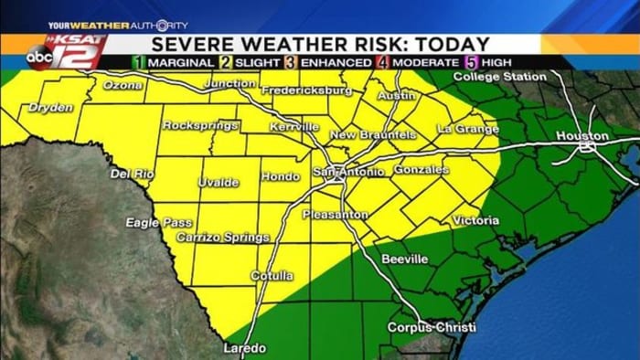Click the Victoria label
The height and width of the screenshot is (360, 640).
[475, 220]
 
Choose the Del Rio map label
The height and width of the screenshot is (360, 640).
[132, 174]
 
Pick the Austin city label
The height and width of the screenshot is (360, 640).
[396, 94]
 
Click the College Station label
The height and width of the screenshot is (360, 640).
[499, 77]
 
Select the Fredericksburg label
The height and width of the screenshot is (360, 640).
[306, 90]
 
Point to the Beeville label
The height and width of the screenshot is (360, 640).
[404, 259]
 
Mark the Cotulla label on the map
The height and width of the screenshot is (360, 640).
[273, 275]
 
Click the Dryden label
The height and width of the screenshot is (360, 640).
[50, 107]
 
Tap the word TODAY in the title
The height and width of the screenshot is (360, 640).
[450, 43]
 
